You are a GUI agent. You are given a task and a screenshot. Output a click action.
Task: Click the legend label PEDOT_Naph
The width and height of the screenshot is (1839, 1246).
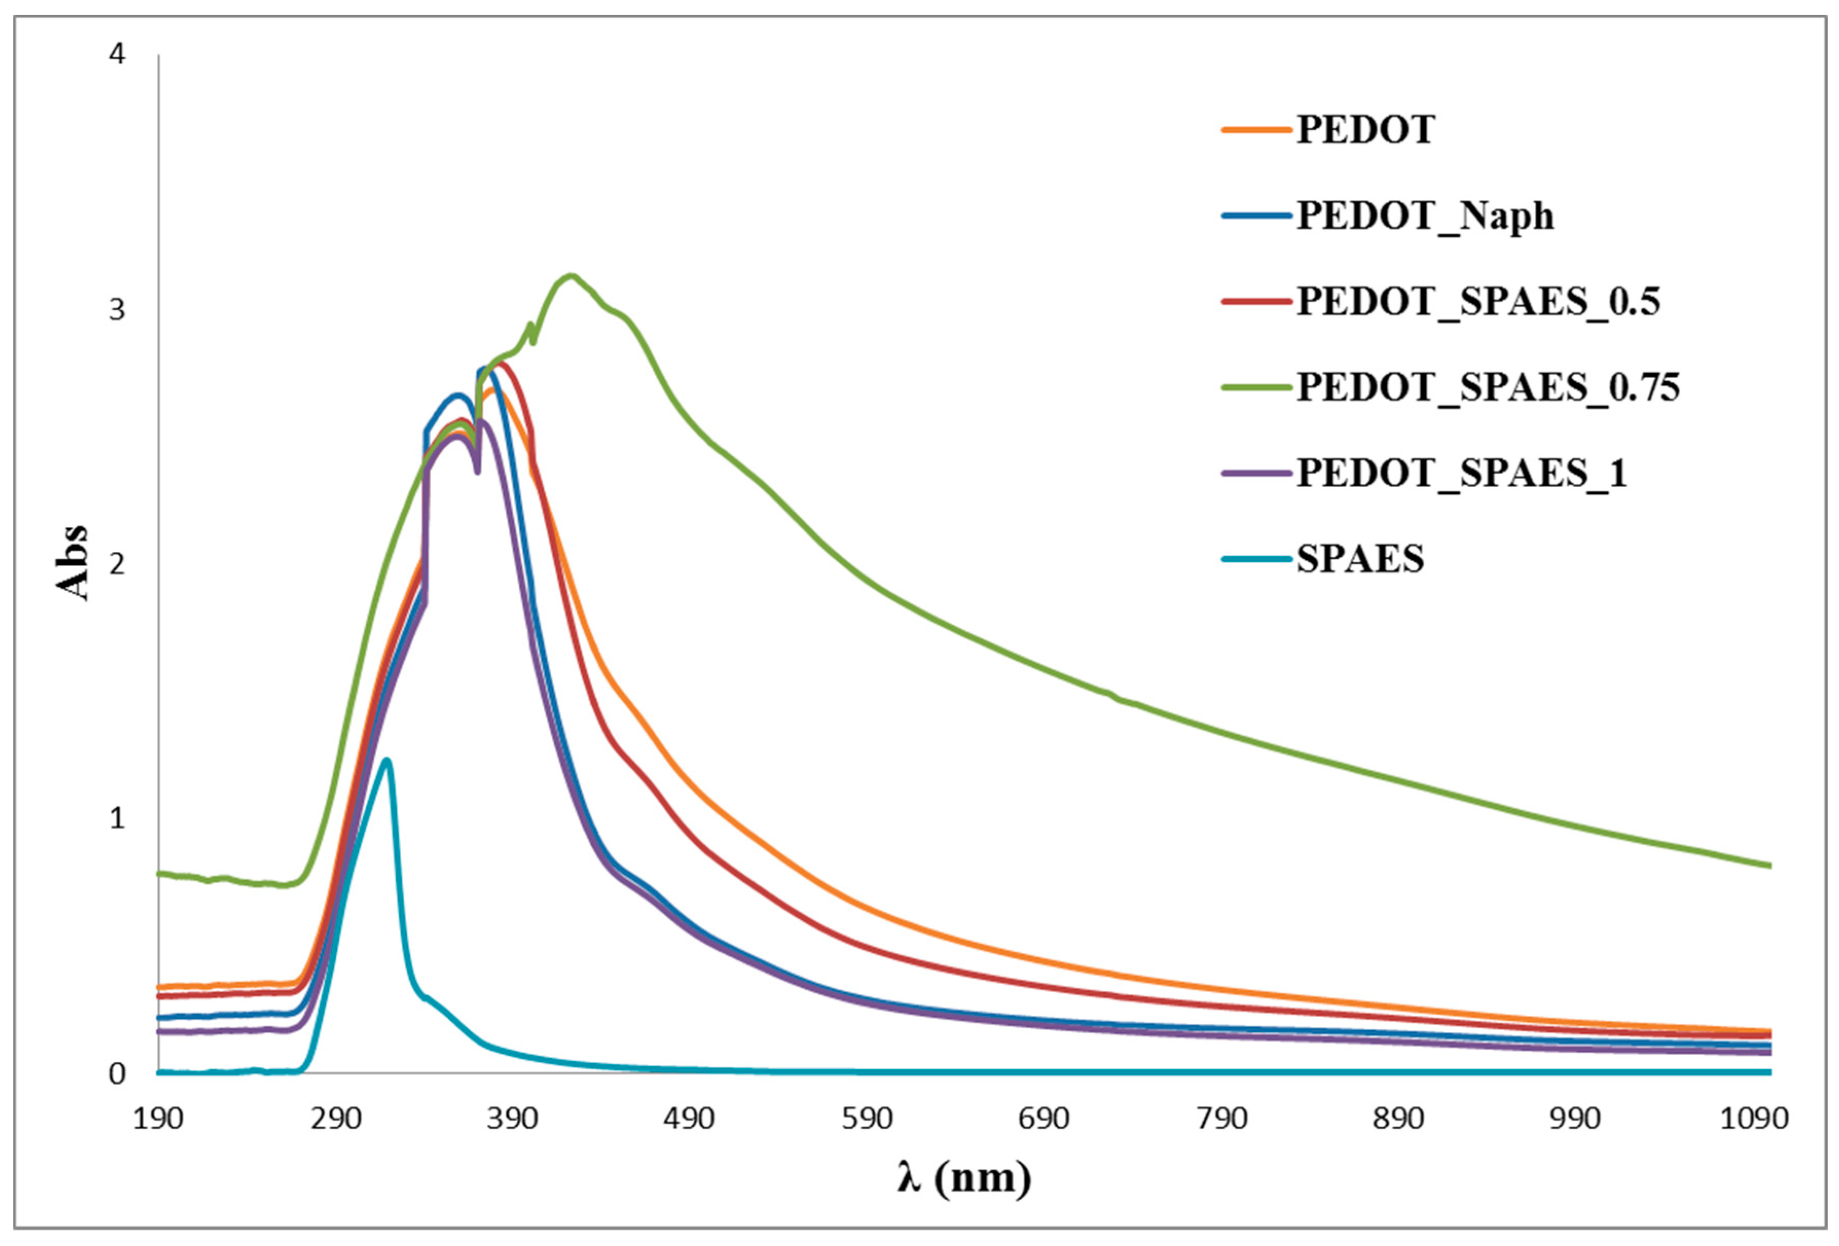click(1424, 216)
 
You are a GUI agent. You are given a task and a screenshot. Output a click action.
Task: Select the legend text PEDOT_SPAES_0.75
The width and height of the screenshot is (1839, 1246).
click(1487, 387)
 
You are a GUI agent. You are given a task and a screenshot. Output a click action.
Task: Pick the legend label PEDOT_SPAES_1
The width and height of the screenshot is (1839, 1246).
click(1461, 473)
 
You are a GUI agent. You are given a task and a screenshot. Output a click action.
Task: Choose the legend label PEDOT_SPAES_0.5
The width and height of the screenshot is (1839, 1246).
click(1477, 302)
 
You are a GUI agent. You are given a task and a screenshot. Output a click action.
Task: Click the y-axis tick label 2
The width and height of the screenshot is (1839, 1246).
click(117, 564)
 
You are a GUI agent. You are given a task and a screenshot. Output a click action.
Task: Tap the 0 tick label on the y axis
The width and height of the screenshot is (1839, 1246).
click(117, 1073)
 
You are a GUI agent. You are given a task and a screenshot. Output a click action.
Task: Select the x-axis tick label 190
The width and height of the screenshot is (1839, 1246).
click(158, 1119)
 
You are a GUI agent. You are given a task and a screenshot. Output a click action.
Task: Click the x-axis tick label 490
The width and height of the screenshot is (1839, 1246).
click(690, 1119)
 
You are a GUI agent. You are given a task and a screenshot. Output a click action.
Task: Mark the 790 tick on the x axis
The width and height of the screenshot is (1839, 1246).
click(1222, 1119)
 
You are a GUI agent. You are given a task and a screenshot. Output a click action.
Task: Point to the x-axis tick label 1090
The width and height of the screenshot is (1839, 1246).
click(1754, 1119)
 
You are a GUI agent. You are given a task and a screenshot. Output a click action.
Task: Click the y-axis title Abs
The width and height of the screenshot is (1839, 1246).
click(72, 563)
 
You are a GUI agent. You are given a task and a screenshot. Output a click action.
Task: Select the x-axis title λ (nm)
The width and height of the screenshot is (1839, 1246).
click(964, 1178)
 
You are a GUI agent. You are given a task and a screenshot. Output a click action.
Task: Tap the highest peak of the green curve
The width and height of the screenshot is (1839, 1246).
click(571, 275)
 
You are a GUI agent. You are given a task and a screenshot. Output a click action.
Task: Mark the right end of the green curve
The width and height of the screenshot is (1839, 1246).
click(1770, 865)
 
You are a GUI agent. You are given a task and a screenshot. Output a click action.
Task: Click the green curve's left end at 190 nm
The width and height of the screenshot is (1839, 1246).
click(159, 873)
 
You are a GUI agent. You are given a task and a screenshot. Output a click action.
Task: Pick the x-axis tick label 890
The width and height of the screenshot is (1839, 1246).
click(1399, 1119)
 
